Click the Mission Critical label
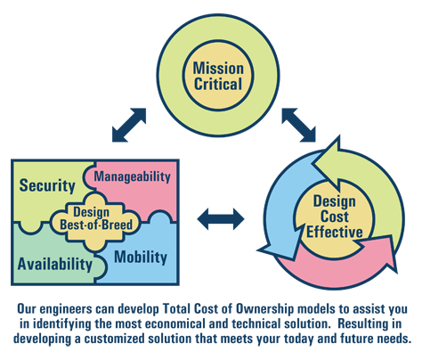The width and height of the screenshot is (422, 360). (218, 76)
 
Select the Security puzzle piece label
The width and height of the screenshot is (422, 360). (47, 185)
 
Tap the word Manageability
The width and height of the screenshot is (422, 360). (133, 176)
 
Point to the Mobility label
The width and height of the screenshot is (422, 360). (141, 258)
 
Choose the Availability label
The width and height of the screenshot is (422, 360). (55, 264)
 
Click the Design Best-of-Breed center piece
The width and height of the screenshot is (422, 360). (96, 218)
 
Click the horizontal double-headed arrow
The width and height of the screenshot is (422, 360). (221, 219)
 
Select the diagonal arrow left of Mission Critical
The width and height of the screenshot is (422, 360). (129, 125)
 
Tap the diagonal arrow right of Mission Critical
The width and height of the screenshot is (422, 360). (298, 125)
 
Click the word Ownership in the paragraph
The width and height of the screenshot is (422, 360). (264, 309)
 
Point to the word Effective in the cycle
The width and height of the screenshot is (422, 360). (335, 232)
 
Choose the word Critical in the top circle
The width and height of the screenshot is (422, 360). (218, 84)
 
